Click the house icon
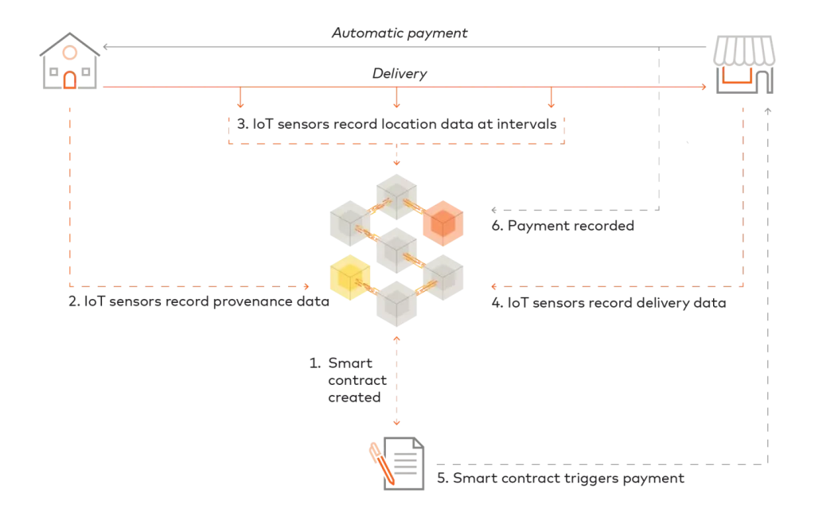click(70, 64)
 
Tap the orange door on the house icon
click(69, 80)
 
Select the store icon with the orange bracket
click(744, 64)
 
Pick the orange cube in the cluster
click(443, 223)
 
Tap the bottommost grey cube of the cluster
click(397, 304)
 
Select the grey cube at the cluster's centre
click(397, 249)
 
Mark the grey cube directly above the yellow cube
click(347, 221)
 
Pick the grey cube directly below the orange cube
click(443, 276)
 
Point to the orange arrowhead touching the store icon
click(704, 87)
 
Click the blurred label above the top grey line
click(400, 32)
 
